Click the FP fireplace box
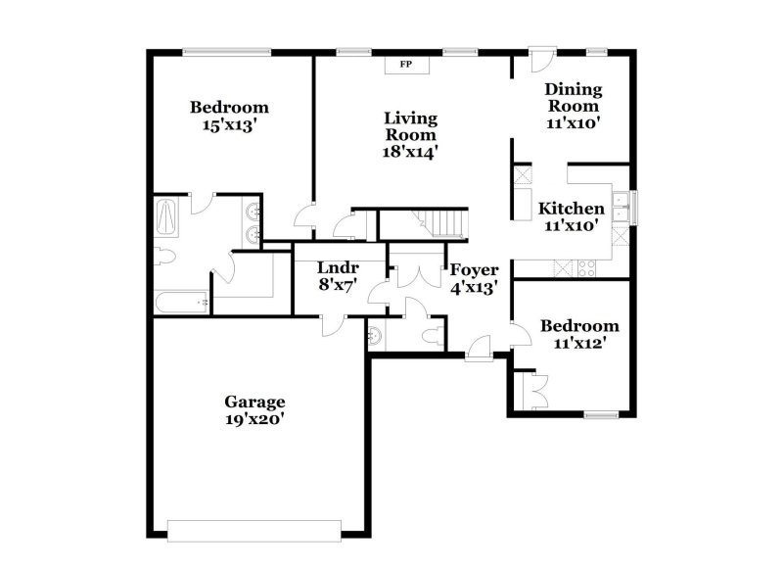point(404,66)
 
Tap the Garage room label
point(255,402)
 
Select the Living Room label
point(410,126)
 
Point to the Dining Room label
point(574,98)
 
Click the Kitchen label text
point(572,209)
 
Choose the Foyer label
point(474,270)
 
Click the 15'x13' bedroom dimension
point(229,125)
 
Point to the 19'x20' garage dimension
point(255,419)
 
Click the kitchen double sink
point(621,206)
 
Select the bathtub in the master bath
point(182,303)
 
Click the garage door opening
point(257,530)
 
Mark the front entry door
point(480,349)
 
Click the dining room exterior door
point(536,59)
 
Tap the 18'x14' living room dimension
point(410,152)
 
